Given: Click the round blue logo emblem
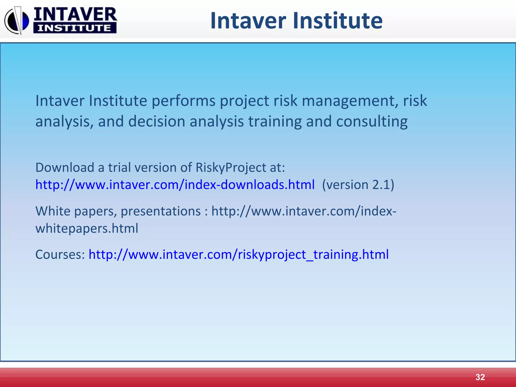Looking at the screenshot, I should click(x=17, y=21).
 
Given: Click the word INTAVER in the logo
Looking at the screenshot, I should click(x=75, y=14).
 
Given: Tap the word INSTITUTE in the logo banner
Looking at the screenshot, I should click(x=75, y=28).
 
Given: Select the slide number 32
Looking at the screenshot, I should click(x=480, y=377).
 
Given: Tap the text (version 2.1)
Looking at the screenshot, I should click(x=358, y=185).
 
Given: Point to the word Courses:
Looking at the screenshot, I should click(x=60, y=254).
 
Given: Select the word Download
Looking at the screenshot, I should click(x=65, y=168).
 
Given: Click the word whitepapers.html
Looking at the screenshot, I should click(x=87, y=229).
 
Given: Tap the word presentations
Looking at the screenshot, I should click(x=160, y=211).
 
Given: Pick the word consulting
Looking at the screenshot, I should click(x=372, y=122).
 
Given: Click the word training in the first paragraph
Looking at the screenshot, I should click(x=275, y=122).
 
